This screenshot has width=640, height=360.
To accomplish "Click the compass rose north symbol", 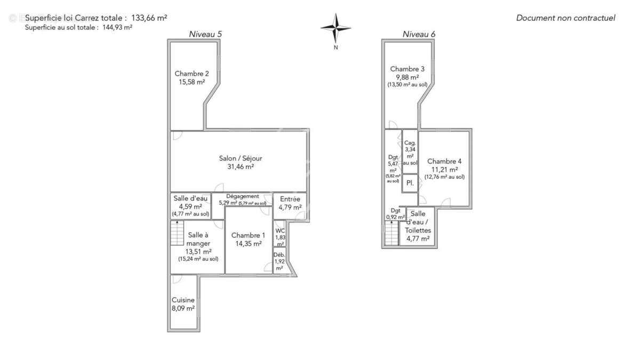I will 335,28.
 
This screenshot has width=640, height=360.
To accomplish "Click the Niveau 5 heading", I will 205,34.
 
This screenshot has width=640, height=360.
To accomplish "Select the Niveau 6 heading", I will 419,34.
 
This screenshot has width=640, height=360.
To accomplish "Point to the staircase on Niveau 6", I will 392,234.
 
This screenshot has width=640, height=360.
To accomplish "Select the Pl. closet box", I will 410,183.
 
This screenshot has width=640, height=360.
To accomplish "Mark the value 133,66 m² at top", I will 149,18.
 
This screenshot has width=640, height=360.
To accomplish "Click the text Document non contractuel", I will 565,18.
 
